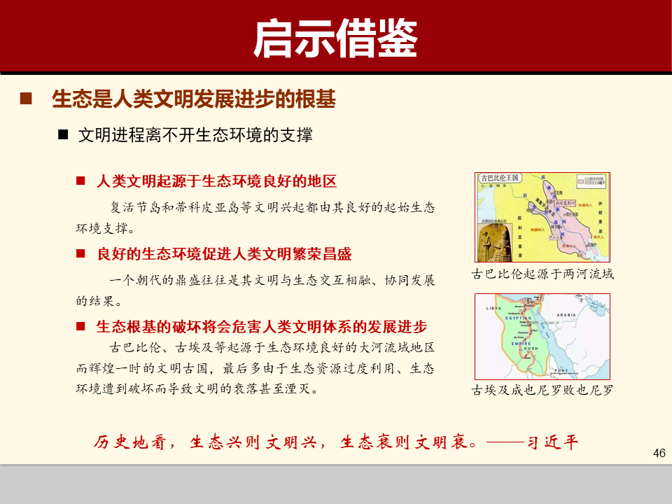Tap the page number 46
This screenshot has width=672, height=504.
point(658,454)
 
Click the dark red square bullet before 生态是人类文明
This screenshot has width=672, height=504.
point(26,99)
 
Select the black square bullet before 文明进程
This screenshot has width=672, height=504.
point(63,134)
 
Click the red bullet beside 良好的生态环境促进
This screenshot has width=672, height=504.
point(80,253)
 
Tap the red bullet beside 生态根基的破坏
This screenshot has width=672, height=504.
point(80,327)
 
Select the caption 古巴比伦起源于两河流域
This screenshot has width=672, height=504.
point(542,274)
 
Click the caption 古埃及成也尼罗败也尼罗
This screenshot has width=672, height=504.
point(542,390)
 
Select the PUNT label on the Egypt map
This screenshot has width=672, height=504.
point(560,370)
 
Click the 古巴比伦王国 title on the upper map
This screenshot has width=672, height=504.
point(499,178)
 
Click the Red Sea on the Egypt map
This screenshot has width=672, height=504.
point(546,336)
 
